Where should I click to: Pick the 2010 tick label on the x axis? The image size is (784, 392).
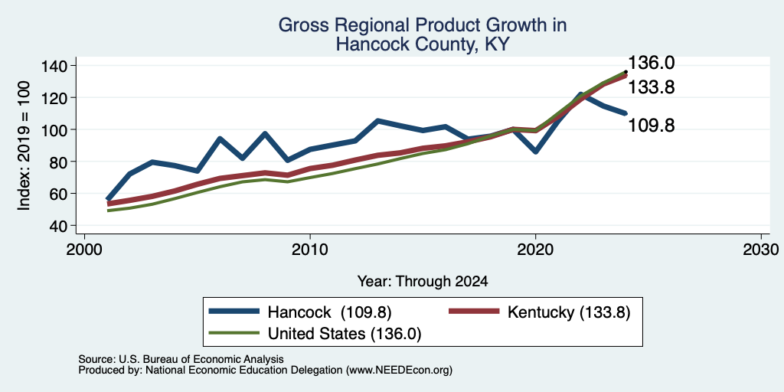310,250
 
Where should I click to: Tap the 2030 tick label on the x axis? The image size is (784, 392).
761,250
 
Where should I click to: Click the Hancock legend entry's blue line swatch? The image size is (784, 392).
234,312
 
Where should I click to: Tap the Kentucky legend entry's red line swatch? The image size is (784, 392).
474,312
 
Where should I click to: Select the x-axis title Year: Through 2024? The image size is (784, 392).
423,282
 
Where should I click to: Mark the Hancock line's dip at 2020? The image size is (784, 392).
535,152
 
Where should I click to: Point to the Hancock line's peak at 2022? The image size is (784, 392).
580,94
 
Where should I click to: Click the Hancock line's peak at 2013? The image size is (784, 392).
377,120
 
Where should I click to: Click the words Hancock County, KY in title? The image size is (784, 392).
423,45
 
